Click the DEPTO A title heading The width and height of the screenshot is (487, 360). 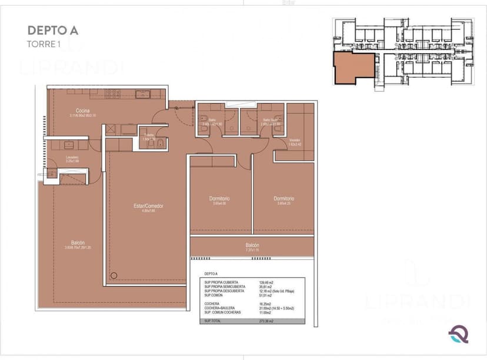coord(52,31)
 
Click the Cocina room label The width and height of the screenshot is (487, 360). coord(82,111)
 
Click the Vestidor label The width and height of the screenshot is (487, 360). coord(295,140)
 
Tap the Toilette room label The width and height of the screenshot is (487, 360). coord(149,136)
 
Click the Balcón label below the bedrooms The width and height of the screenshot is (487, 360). coord(252,245)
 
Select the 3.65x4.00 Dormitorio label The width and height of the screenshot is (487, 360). coord(219,199)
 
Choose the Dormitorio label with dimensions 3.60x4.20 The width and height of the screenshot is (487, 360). coord(283,199)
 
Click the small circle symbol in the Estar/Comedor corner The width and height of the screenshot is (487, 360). coord(114,275)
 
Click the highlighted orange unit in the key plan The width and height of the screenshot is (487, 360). coord(353,67)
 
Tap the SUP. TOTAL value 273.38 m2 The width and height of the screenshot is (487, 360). coord(266,322)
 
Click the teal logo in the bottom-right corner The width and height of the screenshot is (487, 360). coord(458,334)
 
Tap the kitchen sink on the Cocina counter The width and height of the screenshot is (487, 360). coord(143,93)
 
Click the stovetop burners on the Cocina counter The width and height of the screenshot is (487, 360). coord(112,93)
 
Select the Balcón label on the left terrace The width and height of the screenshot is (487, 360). coord(78,243)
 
